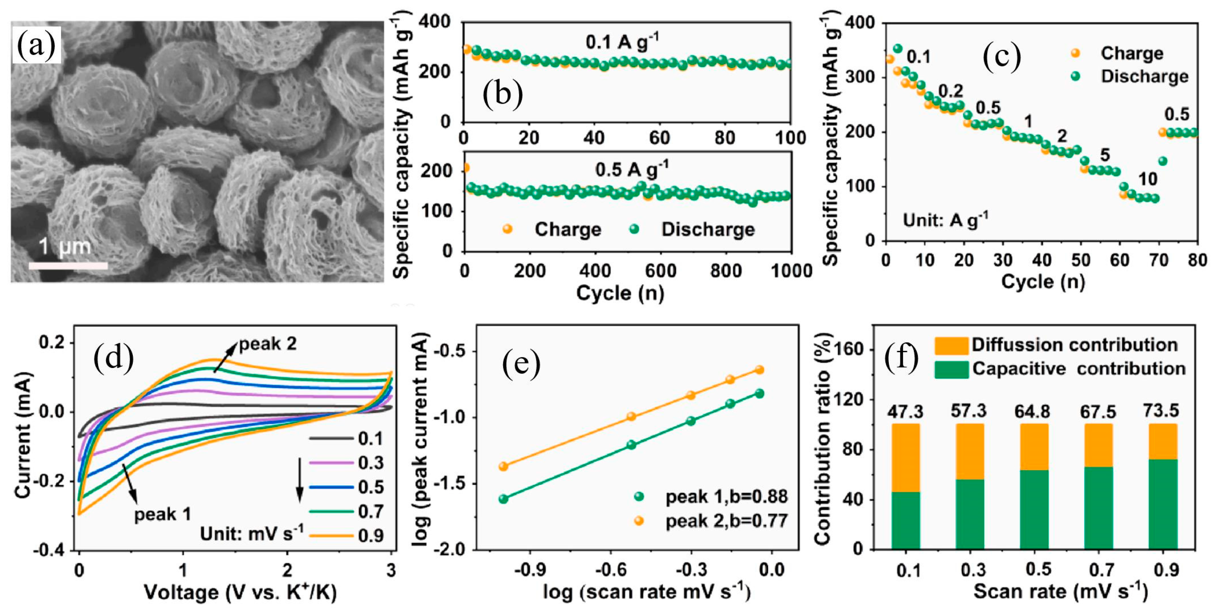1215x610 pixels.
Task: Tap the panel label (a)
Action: point(36,46)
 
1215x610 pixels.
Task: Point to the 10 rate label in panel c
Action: point(1148,179)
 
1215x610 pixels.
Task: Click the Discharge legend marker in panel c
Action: point(1075,76)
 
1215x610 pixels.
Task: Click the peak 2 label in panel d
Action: point(268,344)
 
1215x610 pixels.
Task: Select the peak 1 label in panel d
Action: point(163,514)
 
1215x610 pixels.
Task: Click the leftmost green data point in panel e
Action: point(503,499)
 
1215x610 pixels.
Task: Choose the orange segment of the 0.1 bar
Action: point(906,458)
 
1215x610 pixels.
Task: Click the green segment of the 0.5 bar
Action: point(1034,510)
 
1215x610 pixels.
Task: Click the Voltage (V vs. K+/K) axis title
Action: point(240,592)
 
